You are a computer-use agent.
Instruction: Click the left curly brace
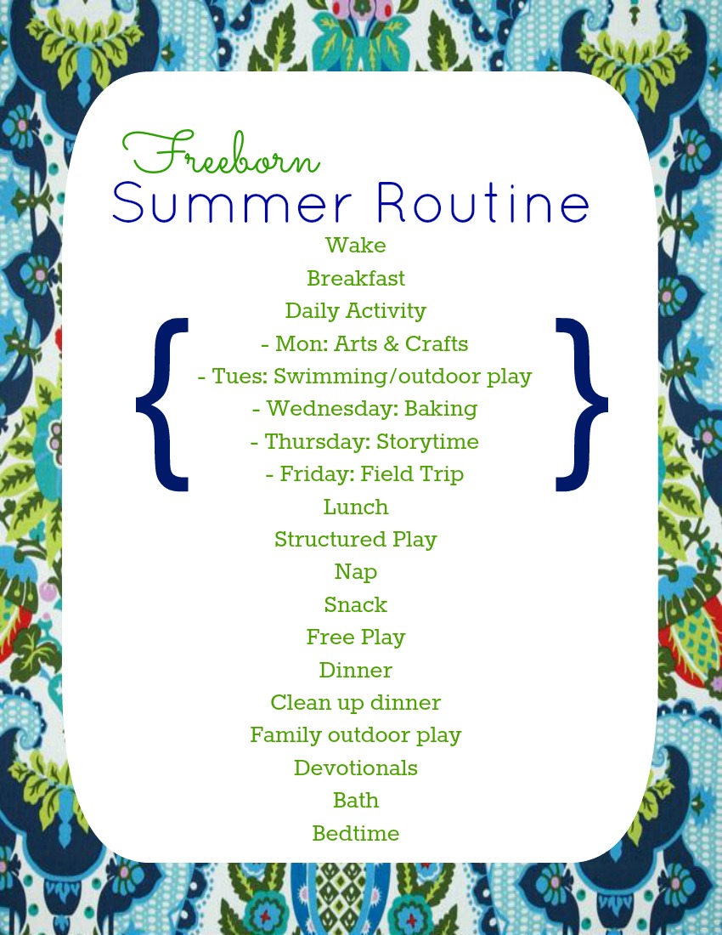point(162,404)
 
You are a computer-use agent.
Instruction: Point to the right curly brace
point(582,404)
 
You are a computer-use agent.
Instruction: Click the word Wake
point(355,246)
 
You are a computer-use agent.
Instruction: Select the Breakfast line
point(355,279)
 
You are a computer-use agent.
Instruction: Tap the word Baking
point(441,409)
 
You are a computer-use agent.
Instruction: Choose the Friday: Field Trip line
point(364,474)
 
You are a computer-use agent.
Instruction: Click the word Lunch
point(355,507)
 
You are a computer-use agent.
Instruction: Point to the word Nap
point(355,572)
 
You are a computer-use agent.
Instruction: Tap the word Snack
point(355,605)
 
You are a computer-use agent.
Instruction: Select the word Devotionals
point(355,768)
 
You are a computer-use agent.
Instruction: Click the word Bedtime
point(355,834)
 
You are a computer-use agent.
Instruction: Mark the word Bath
point(355,801)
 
